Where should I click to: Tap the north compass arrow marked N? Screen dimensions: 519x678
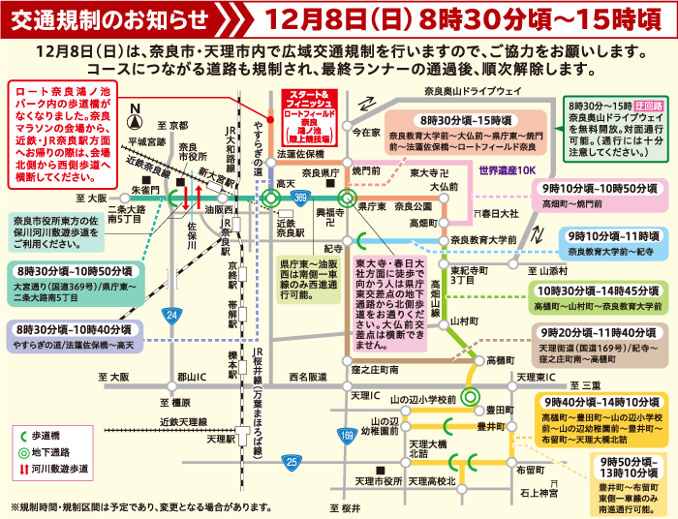(137, 113)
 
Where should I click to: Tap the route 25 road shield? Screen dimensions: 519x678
(292, 463)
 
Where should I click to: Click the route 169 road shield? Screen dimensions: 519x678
(347, 438)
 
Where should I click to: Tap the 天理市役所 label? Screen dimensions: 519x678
(378, 481)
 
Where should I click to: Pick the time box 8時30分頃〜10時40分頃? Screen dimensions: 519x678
(73, 331)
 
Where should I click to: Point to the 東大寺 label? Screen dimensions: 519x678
(428, 172)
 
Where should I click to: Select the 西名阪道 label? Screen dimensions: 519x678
(308, 376)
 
